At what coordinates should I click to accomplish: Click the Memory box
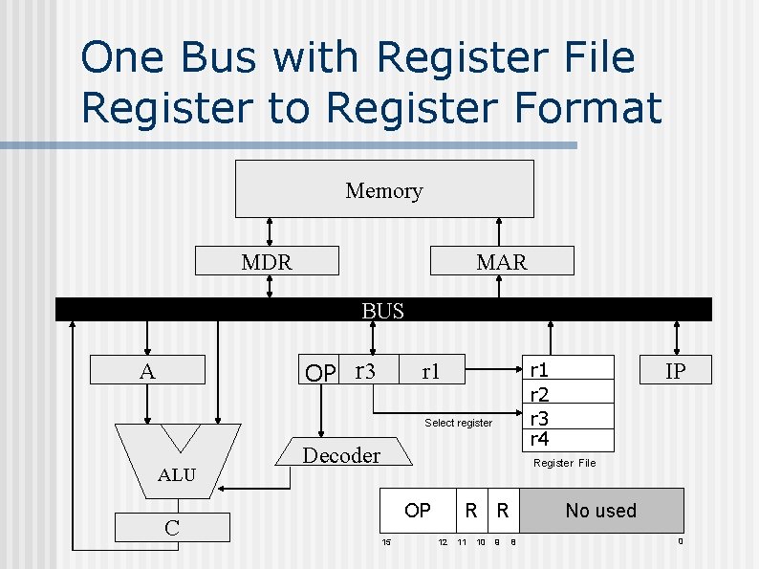pyautogui.click(x=384, y=189)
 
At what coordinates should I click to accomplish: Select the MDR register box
pyautogui.click(x=267, y=261)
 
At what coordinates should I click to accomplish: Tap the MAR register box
pyautogui.click(x=502, y=261)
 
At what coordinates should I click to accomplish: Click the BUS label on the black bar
pyautogui.click(x=382, y=310)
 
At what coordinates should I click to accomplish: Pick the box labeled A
pyautogui.click(x=147, y=371)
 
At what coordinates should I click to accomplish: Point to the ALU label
pyautogui.click(x=176, y=474)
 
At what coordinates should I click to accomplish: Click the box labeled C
pyautogui.click(x=173, y=528)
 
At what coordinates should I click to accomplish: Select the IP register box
pyautogui.click(x=675, y=370)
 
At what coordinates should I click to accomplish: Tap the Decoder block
pyautogui.click(x=342, y=455)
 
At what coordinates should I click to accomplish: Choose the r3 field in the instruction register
pyautogui.click(x=364, y=371)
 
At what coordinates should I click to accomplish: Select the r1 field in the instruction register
pyautogui.click(x=431, y=372)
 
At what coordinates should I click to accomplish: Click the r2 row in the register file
pyautogui.click(x=539, y=393)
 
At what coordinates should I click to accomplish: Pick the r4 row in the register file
pyautogui.click(x=539, y=439)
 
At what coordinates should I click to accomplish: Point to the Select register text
pyautogui.click(x=458, y=423)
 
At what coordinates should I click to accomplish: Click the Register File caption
pyautogui.click(x=564, y=463)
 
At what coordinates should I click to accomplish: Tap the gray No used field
pyautogui.click(x=600, y=511)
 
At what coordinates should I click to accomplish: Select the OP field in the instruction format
pyautogui.click(x=418, y=511)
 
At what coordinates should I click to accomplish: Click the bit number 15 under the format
pyautogui.click(x=386, y=543)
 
